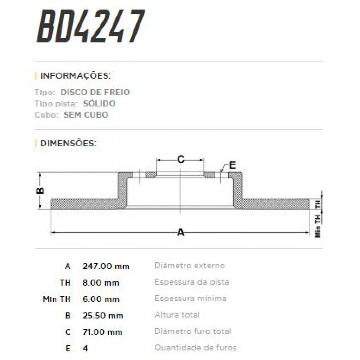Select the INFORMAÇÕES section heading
point(75,76)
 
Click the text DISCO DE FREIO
point(95,92)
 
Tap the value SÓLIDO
point(99,104)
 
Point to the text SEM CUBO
point(86,115)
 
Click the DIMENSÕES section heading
point(68,143)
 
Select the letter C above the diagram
point(181,159)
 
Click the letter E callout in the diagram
point(232,165)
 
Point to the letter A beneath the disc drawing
point(181,232)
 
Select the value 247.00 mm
point(106,266)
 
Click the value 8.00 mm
point(101,283)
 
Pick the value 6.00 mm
point(101,299)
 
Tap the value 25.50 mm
point(103,316)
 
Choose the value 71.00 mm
point(103,332)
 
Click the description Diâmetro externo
point(190,265)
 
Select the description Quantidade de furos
point(196,348)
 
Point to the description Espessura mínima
point(190,298)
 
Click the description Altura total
point(177,315)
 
